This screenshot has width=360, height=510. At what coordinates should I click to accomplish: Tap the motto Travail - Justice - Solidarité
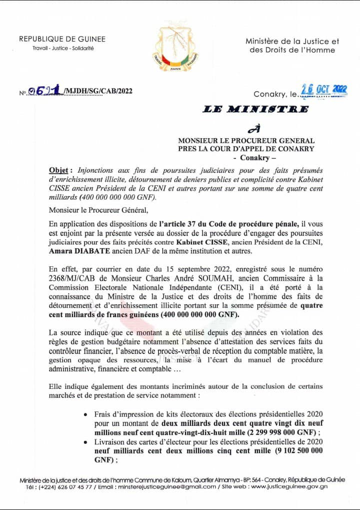click(x=56, y=49)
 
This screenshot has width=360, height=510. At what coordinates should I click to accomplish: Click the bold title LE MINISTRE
click(x=255, y=109)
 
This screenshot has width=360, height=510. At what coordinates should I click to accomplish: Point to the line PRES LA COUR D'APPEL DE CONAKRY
click(x=246, y=149)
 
